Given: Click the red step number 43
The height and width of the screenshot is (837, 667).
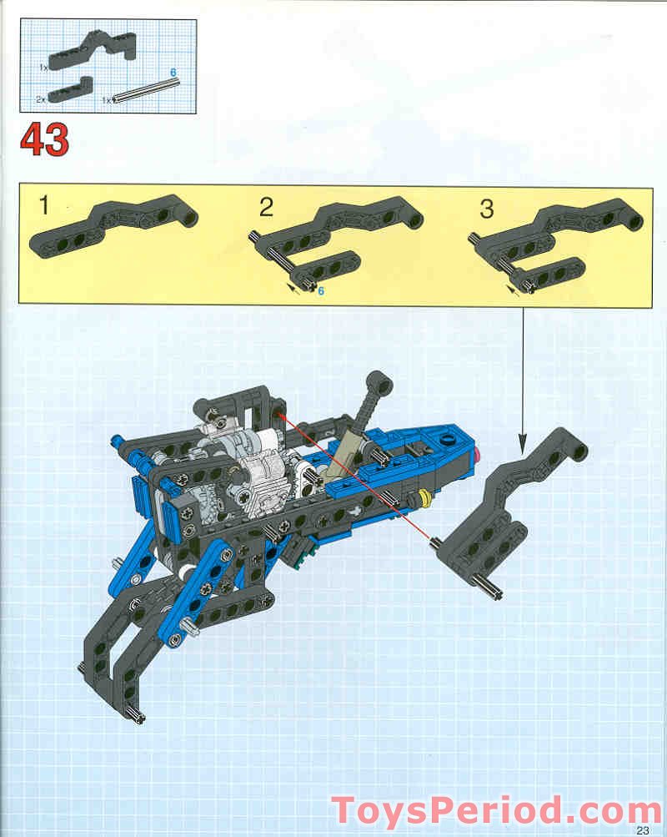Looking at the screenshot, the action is [45, 140].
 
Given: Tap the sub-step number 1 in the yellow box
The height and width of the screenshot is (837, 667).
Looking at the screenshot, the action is [44, 205].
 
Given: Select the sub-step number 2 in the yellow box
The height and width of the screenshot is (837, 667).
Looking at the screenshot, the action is [266, 207].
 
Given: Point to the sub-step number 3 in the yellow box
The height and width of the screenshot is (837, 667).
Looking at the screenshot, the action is [486, 209].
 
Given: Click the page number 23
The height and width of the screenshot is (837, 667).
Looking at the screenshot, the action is [643, 830].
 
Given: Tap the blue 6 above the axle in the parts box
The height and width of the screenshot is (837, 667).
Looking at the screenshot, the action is [173, 73].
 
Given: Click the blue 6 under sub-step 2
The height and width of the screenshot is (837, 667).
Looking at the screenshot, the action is [320, 291].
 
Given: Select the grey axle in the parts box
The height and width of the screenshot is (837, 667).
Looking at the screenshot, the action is [146, 90].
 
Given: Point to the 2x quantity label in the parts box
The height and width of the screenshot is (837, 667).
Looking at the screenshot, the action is [41, 99].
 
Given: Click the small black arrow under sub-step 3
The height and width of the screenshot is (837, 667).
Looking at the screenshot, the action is [513, 290].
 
